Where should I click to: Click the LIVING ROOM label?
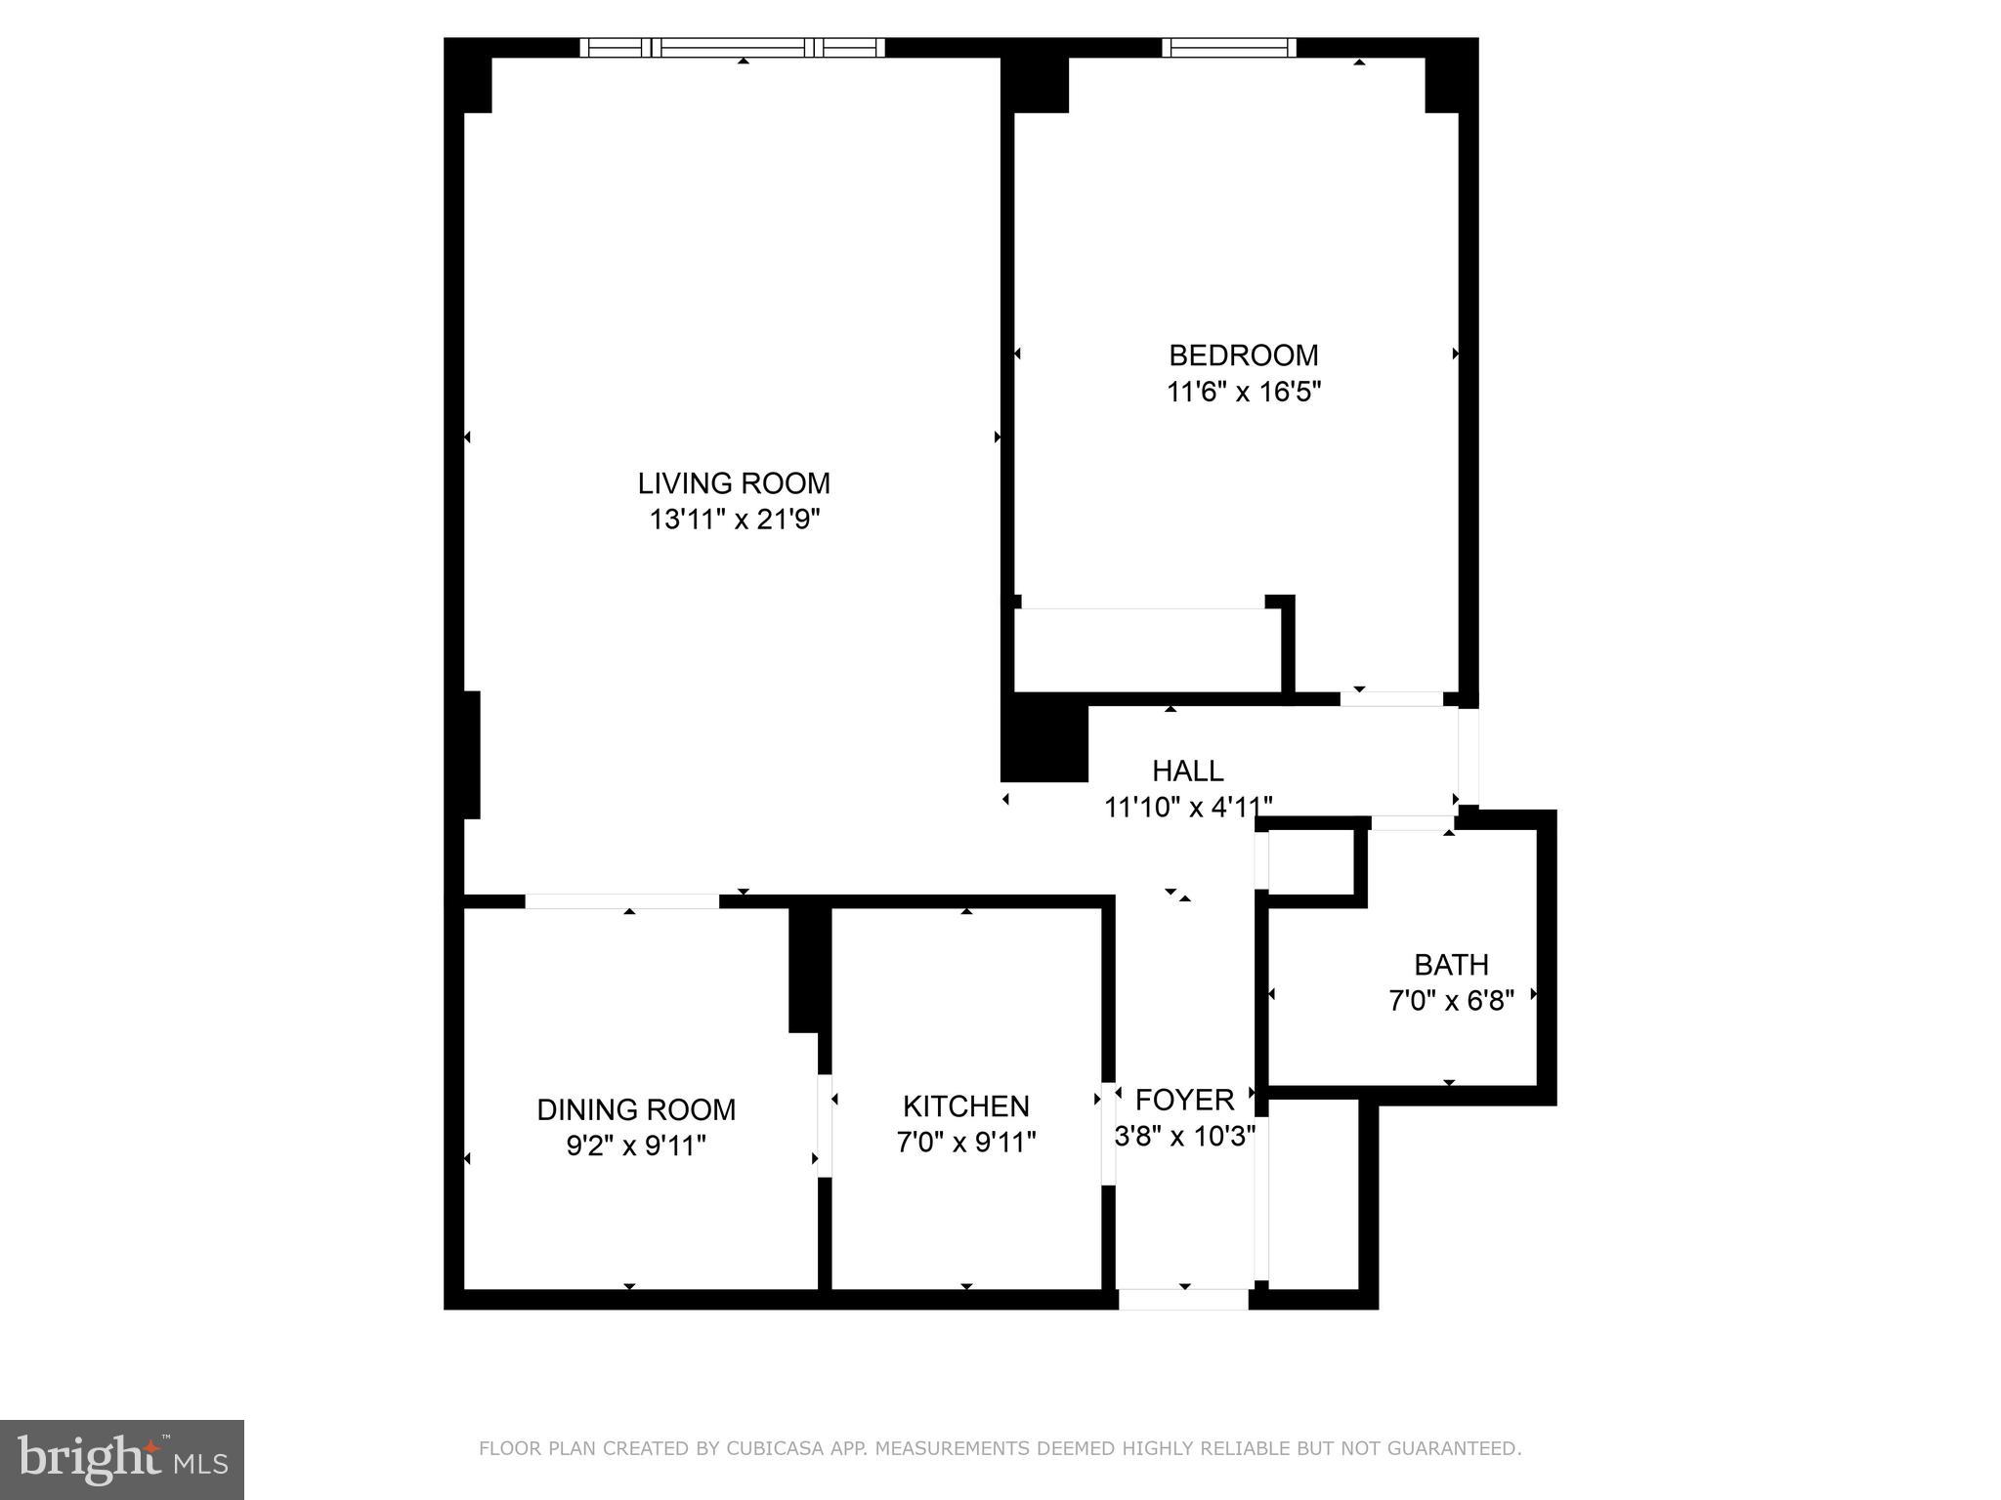point(734,483)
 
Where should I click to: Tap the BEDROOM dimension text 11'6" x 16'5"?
point(1243,392)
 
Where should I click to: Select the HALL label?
point(1187,771)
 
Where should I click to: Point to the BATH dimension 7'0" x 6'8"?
point(1451,1001)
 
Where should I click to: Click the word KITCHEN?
point(965,1106)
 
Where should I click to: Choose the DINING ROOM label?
point(636,1109)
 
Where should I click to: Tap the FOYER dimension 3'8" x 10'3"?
point(1184,1137)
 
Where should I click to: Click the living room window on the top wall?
point(733,47)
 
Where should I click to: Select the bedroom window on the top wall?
point(1229,47)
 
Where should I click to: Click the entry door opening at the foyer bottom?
point(1183,1299)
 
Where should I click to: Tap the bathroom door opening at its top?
point(1412,823)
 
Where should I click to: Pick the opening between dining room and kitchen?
point(825,1125)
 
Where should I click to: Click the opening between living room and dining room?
point(622,900)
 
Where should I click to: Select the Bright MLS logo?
point(122,1460)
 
